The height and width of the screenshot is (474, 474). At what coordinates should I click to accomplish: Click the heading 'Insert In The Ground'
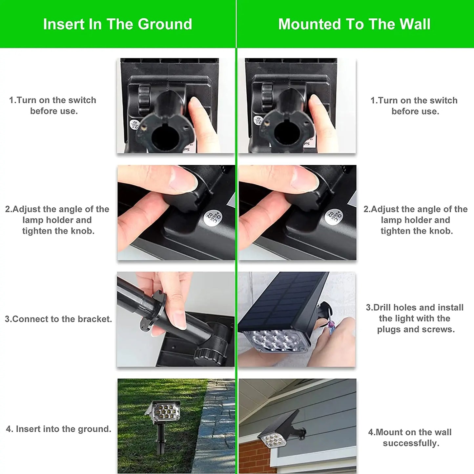[x=117, y=24]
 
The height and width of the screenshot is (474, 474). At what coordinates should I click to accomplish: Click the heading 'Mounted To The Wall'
[x=354, y=24]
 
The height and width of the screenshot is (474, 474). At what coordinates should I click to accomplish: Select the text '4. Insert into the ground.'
[x=58, y=429]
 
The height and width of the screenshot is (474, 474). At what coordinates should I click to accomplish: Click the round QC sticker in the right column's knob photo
[x=334, y=217]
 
